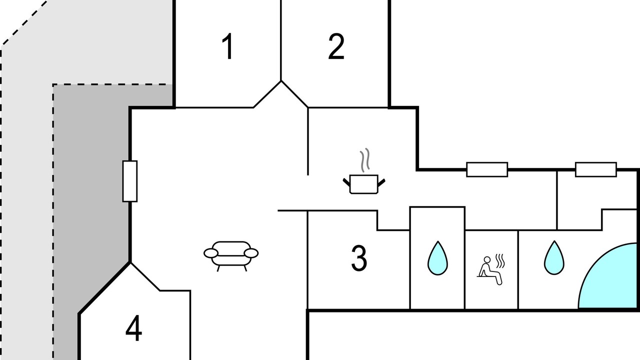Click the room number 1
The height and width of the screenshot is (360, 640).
tap(228, 46)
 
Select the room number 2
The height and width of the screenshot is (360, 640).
tap(336, 46)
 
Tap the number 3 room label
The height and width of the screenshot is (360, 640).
tap(359, 258)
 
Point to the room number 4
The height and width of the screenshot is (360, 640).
tap(133, 327)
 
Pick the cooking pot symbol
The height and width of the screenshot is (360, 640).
tap(364, 184)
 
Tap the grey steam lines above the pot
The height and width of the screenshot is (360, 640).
tap(365, 160)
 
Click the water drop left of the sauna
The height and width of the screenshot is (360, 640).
tap(437, 258)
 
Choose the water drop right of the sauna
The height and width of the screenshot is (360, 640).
tap(554, 257)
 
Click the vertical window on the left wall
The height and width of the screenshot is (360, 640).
tap(130, 181)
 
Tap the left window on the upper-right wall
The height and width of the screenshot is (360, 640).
tap(487, 169)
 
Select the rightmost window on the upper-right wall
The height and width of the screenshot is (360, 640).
tap(595, 169)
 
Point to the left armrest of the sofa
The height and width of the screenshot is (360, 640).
tap(211, 253)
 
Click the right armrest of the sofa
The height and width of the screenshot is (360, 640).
tap(251, 253)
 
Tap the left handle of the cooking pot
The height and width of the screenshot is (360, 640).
tap(346, 182)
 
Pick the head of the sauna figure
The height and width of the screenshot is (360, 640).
tap(487, 259)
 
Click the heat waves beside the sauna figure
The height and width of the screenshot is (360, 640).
tap(500, 261)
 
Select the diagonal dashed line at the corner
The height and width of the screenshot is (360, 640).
tap(24, 23)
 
